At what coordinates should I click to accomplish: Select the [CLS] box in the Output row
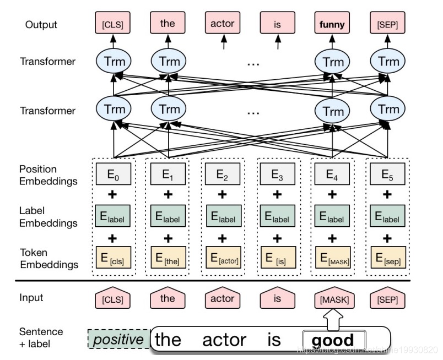[x=112, y=24]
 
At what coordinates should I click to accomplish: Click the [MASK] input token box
[x=333, y=300]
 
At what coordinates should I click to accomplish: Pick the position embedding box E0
[x=112, y=176]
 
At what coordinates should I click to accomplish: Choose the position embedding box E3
[x=278, y=176]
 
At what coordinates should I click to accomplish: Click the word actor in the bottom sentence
[x=223, y=340]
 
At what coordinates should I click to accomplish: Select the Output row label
[x=41, y=25]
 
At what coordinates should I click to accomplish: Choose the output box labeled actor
[x=223, y=24]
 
